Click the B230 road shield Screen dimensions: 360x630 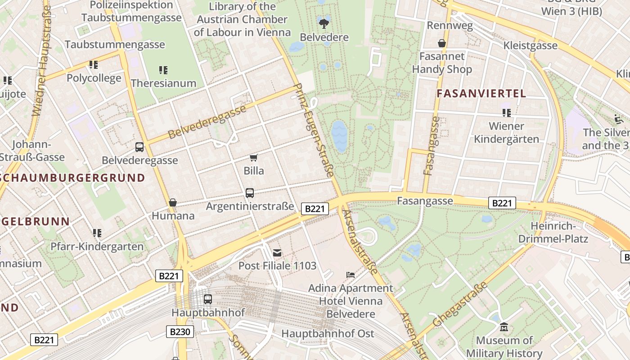click(x=180, y=332)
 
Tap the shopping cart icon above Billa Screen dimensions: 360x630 click(x=253, y=157)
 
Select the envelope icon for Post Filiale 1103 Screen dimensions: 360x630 click(x=277, y=253)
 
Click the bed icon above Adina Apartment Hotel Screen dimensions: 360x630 click(x=351, y=274)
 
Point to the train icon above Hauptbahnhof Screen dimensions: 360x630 click(x=208, y=299)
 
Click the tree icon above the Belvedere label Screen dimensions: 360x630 click(x=324, y=23)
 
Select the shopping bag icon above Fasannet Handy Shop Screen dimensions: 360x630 click(x=442, y=43)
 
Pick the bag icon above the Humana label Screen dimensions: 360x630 click(x=173, y=202)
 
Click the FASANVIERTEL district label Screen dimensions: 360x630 click(x=481, y=94)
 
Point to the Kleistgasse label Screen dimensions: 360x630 click(x=531, y=45)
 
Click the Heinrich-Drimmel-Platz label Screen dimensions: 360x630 click(x=553, y=232)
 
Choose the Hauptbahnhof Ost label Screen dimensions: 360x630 click(x=328, y=333)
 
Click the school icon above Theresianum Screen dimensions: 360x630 click(x=163, y=70)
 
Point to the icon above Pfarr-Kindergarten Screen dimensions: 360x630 click(x=97, y=233)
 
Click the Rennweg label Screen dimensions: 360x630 click(x=450, y=26)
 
